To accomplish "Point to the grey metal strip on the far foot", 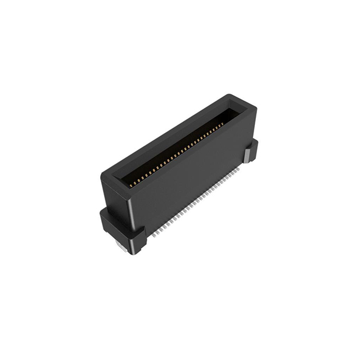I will [x=247, y=155].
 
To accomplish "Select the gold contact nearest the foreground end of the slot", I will [x=131, y=184].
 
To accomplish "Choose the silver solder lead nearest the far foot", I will [x=240, y=166].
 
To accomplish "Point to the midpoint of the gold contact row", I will [x=177, y=155].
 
